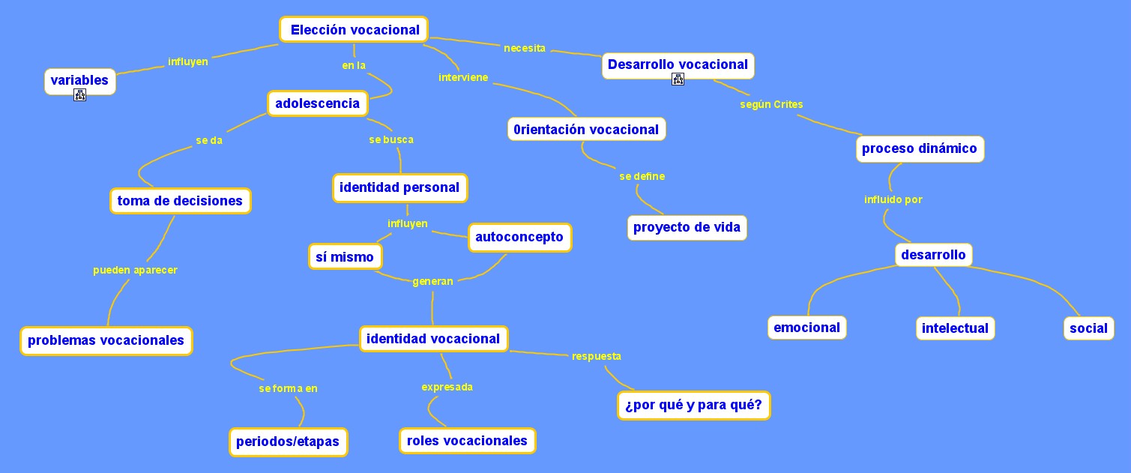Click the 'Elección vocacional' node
click(355, 30)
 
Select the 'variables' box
click(79, 80)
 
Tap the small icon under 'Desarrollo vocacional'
click(678, 79)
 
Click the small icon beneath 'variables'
click(79, 94)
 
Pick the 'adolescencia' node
click(318, 103)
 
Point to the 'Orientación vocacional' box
click(586, 130)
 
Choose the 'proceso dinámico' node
click(919, 148)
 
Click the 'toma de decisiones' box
click(180, 201)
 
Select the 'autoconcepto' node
click(519, 238)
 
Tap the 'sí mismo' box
click(345, 257)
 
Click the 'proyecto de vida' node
click(687, 227)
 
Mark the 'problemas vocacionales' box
click(106, 340)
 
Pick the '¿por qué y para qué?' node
click(693, 406)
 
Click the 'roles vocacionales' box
click(467, 441)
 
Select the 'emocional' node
click(806, 328)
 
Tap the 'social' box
click(1088, 328)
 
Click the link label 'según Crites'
click(771, 104)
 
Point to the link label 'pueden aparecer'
click(135, 270)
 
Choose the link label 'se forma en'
click(288, 388)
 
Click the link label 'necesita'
click(525, 49)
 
